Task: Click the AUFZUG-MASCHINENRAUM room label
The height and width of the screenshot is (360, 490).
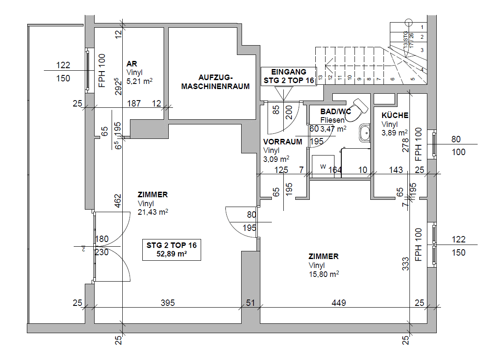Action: [x=215, y=82]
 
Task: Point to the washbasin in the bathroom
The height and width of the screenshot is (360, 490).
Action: [x=365, y=133]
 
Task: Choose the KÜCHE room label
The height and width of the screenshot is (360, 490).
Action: [x=395, y=115]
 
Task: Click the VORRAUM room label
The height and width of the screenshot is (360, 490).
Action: [x=282, y=142]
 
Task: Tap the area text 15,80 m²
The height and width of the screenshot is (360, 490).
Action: [x=324, y=274]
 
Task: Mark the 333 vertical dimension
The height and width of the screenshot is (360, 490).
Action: [x=406, y=264]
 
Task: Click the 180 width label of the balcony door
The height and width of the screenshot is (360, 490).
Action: [x=102, y=239]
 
